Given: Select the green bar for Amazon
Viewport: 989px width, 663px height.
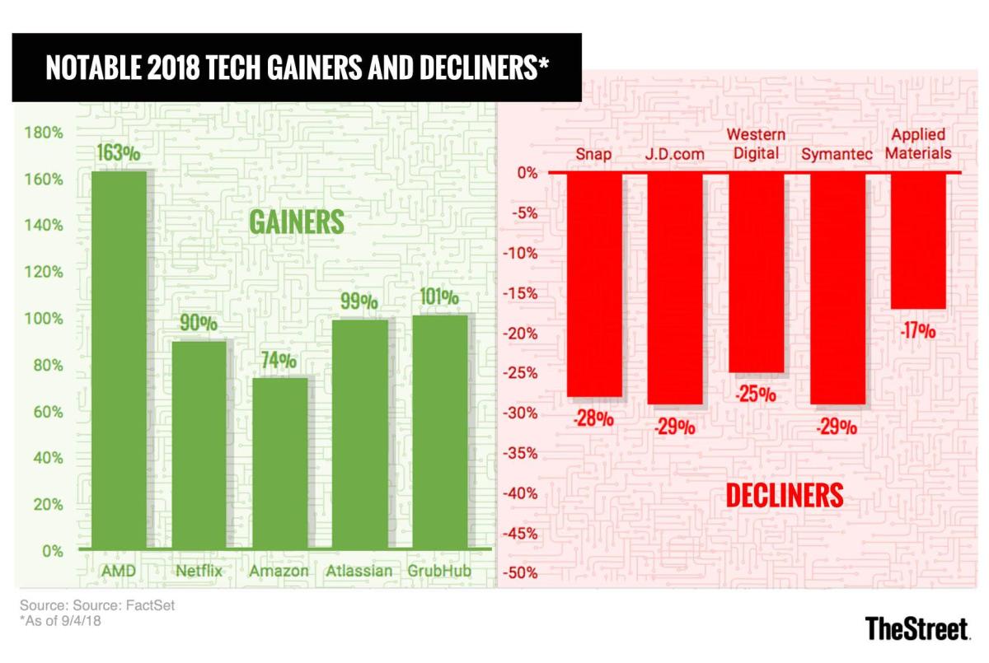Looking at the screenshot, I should click(x=279, y=463).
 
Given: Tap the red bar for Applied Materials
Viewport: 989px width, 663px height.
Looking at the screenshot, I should click(x=919, y=240).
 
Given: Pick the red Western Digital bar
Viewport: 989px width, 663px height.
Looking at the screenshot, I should click(x=757, y=273).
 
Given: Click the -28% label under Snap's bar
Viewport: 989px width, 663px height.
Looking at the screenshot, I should click(x=593, y=418).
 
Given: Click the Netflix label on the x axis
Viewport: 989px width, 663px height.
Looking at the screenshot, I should click(x=199, y=571).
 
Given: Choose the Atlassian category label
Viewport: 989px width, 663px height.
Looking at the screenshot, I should click(x=359, y=571).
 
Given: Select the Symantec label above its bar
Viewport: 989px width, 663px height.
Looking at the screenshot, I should click(x=837, y=154).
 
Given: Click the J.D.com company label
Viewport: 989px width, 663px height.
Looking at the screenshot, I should click(x=676, y=154).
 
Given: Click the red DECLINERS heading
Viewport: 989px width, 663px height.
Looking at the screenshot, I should click(x=784, y=495).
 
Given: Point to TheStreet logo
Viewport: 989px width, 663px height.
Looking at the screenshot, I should click(x=916, y=628).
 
